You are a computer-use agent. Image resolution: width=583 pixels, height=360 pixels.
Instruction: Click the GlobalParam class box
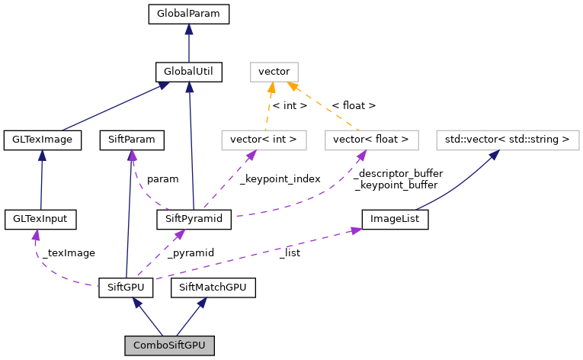tap(189, 14)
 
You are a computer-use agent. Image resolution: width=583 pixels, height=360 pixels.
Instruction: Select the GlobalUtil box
tap(189, 72)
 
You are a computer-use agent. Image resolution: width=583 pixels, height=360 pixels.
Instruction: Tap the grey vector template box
tap(274, 72)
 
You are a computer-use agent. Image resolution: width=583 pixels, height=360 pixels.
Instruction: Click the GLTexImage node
tap(43, 140)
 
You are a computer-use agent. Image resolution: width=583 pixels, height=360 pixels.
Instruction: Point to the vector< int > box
tap(263, 140)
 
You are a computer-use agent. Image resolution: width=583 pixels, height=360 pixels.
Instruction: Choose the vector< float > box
tap(371, 140)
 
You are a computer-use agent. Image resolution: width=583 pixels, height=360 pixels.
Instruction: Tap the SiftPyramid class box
tap(194, 220)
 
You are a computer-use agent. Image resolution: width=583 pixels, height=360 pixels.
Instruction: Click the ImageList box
tap(395, 220)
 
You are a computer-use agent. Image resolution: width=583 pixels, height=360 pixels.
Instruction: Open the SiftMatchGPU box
tap(213, 288)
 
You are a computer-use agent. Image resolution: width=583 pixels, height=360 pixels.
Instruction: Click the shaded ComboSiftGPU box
tap(170, 346)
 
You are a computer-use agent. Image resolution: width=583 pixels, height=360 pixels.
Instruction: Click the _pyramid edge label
tap(191, 252)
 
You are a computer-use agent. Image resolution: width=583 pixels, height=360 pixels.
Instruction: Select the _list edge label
tap(290, 252)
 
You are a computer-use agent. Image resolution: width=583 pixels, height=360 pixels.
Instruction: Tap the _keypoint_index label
tap(280, 178)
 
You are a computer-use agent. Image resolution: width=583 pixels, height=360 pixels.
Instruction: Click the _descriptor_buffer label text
tap(399, 173)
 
